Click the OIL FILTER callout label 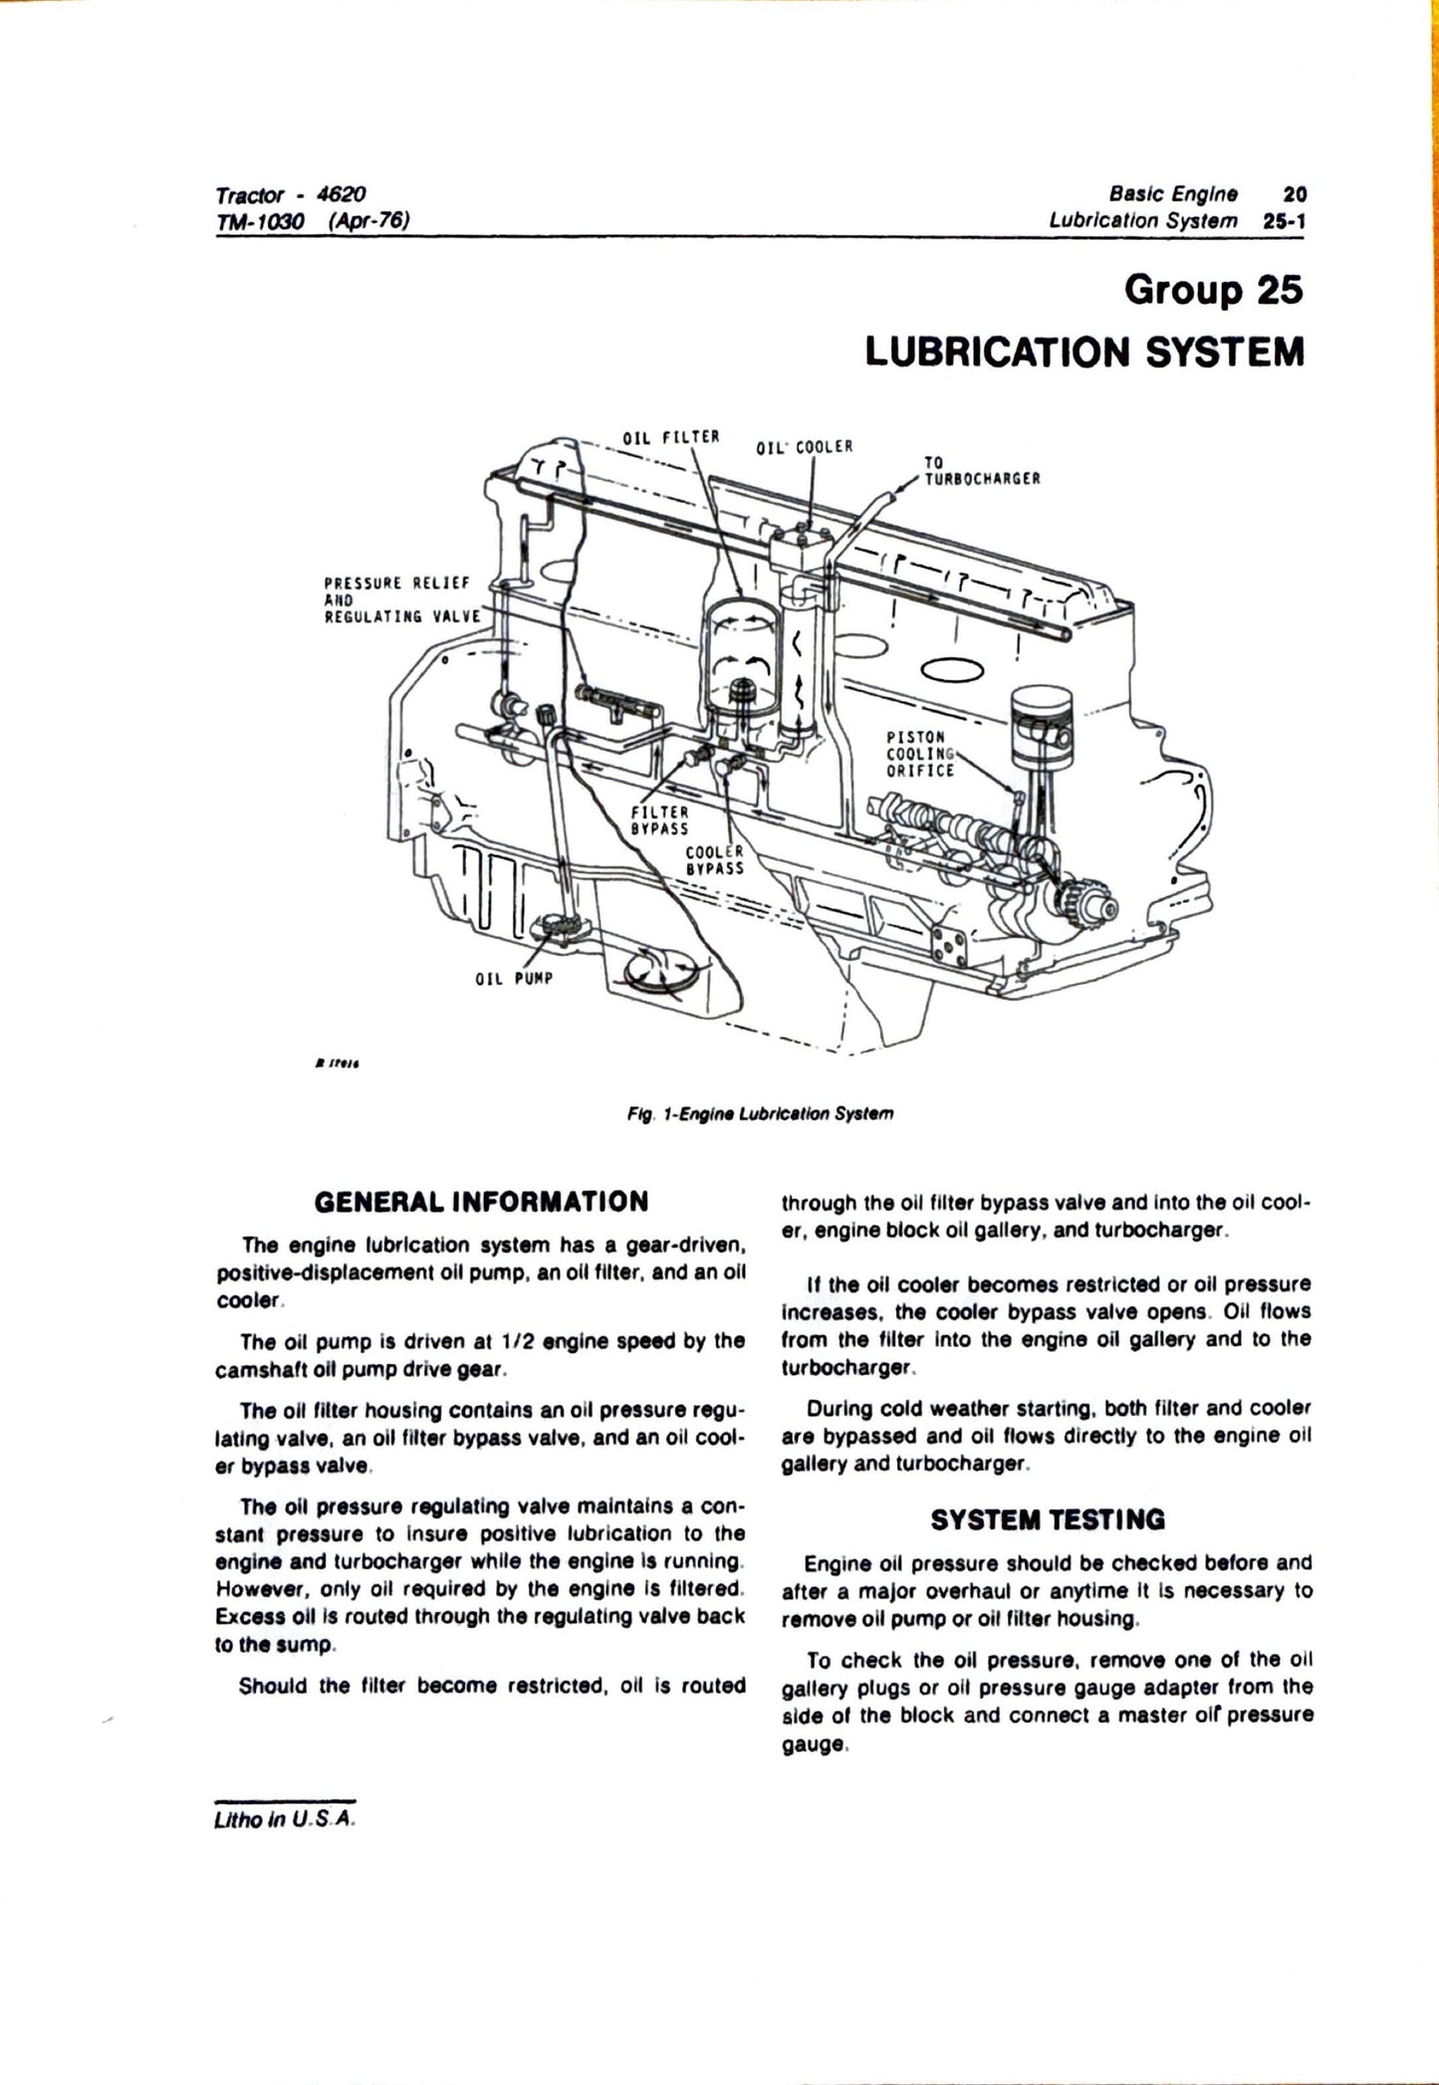pos(670,437)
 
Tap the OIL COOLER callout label pos(805,447)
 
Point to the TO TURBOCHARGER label pos(982,470)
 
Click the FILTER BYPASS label pos(659,819)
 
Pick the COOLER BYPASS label pos(715,860)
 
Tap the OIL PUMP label pos(513,978)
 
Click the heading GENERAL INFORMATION pos(481,1202)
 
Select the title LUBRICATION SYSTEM pos(1084,351)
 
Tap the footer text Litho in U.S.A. pos(285,1818)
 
